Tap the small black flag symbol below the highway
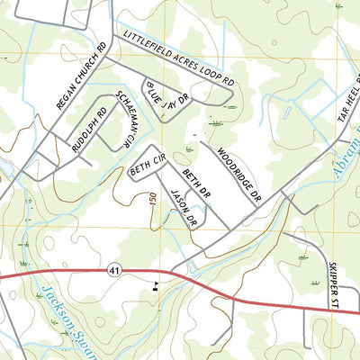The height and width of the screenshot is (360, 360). point(157,287)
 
